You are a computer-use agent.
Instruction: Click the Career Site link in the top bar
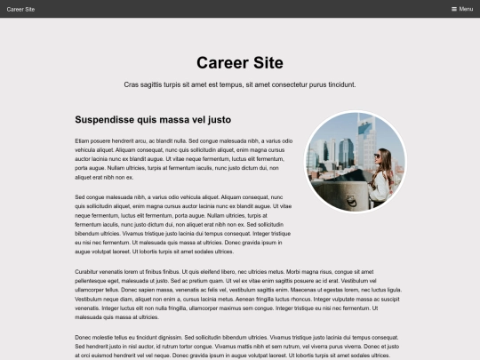click(20, 9)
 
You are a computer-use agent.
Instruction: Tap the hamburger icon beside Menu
click(454, 9)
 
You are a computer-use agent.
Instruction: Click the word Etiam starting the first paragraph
click(83, 140)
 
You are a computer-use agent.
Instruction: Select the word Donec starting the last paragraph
click(84, 338)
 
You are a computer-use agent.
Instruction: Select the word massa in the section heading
click(179, 119)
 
